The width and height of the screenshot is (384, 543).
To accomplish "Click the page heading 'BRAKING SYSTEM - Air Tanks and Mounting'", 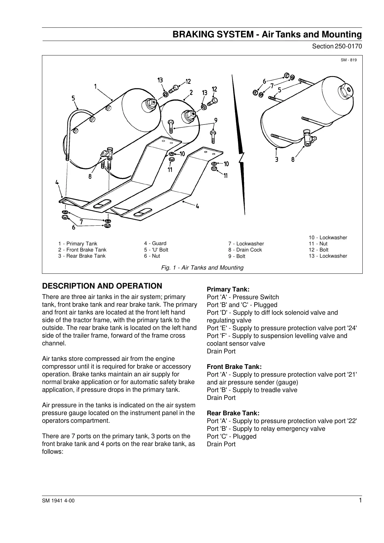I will pyautogui.click(x=267, y=35).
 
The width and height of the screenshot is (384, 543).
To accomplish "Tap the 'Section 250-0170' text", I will pyautogui.click(x=337, y=46).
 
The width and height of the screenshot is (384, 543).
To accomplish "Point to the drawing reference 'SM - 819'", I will pyautogui.click(x=349, y=60).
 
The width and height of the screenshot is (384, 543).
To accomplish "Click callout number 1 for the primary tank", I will pyautogui.click(x=96, y=86).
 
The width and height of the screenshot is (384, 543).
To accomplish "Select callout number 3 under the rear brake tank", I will pyautogui.click(x=277, y=159).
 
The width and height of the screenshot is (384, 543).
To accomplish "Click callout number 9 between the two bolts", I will pyautogui.click(x=216, y=121).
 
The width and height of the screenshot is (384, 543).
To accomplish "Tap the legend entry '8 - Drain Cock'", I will pyautogui.click(x=245, y=250).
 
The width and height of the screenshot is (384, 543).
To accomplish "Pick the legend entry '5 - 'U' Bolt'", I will pyautogui.click(x=156, y=250).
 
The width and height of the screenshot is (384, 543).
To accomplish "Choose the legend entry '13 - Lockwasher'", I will pyautogui.click(x=328, y=256).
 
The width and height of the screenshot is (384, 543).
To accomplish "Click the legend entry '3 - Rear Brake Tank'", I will pyautogui.click(x=82, y=256).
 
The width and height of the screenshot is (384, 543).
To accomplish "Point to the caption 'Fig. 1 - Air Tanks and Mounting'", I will pyautogui.click(x=202, y=268).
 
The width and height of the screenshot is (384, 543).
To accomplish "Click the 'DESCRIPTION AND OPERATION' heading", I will pyautogui.click(x=102, y=286).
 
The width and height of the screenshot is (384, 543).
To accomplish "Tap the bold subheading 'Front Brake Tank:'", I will pyautogui.click(x=234, y=367).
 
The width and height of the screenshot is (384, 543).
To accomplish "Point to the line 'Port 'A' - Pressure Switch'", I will pyautogui.click(x=243, y=297).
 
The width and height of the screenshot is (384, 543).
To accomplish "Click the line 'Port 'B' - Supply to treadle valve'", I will pyautogui.click(x=252, y=390).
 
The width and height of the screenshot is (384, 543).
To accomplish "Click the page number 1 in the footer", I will pyautogui.click(x=360, y=500).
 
